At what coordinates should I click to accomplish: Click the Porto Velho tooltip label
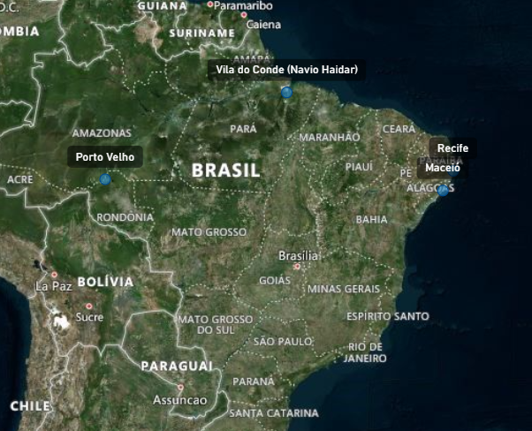105,157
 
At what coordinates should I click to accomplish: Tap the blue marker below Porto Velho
105,179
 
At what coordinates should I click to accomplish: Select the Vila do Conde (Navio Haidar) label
286,70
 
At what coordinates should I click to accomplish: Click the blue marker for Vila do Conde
286,92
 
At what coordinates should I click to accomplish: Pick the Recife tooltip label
452,148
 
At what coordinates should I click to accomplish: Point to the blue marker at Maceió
443,190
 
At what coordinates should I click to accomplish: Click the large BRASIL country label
227,170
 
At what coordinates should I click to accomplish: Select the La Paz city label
53,286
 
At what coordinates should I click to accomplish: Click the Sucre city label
89,316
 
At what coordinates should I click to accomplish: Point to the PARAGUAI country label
177,366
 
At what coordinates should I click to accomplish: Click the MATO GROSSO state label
209,232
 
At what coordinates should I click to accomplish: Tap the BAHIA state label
371,219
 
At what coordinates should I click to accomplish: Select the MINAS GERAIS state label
344,289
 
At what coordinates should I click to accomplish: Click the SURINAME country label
201,34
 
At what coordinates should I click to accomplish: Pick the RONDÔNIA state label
125,217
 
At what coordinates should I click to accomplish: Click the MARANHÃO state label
330,138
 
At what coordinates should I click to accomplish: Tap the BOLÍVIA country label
105,282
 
